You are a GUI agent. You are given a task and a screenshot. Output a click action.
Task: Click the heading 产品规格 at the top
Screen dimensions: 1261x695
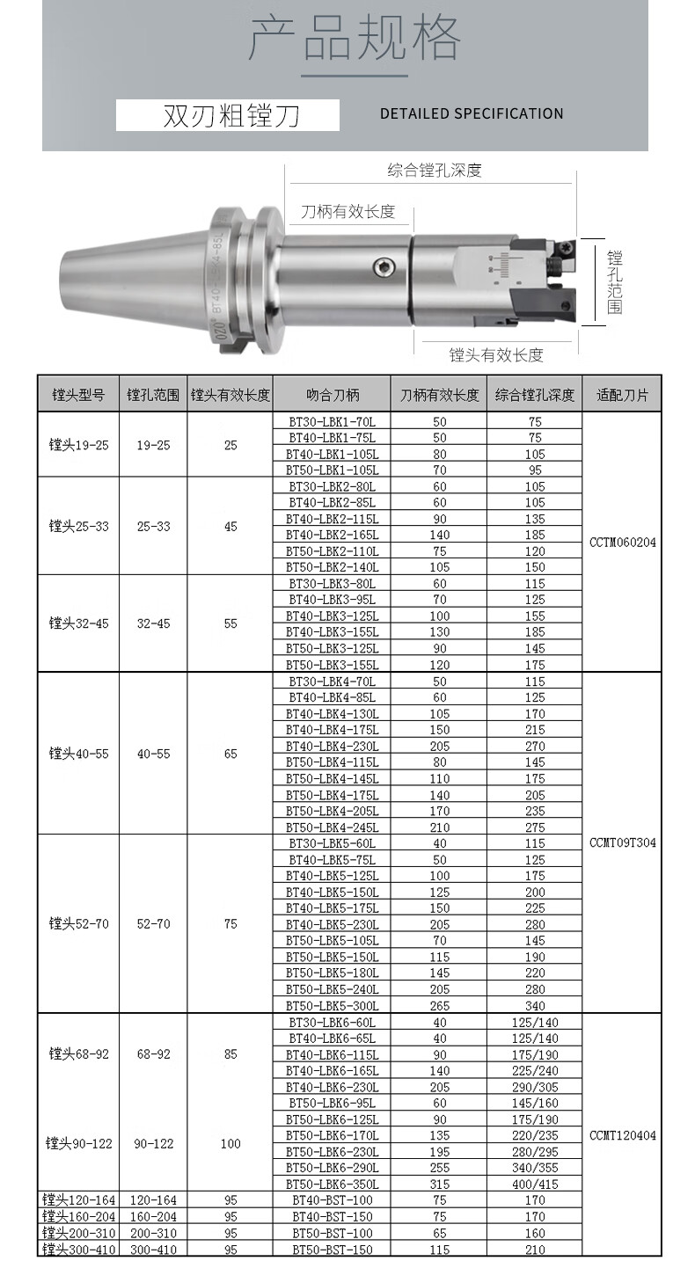pos(355,39)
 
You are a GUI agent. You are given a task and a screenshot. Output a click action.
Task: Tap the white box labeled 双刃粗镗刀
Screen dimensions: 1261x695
pos(228,115)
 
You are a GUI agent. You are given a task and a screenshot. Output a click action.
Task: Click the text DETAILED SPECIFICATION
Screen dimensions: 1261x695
pos(472,113)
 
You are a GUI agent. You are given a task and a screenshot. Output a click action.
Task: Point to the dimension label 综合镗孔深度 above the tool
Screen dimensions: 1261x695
pos(435,171)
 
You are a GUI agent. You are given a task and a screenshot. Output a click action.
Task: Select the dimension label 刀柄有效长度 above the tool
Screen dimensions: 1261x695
pos(347,212)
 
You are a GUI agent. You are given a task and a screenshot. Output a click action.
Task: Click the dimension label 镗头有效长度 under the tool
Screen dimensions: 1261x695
pos(496,354)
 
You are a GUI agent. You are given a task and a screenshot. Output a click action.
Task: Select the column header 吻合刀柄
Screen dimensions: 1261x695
pos(333,395)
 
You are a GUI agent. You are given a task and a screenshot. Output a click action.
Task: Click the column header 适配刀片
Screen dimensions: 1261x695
pos(622,395)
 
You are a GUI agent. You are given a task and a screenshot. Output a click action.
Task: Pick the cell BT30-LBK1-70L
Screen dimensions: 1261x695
pos(333,421)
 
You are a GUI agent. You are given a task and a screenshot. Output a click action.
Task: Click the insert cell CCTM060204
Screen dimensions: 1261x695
pos(622,543)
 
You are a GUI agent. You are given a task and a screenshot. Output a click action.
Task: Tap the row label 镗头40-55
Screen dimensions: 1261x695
pos(78,754)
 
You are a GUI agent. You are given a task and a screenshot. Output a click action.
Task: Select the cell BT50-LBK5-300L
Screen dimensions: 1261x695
pos(333,1005)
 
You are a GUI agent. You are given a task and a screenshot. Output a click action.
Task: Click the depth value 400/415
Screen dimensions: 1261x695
pos(535,1184)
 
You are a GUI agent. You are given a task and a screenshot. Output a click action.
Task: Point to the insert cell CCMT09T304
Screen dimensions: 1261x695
pos(622,842)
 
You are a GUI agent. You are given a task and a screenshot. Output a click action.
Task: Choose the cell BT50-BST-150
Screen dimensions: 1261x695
pos(333,1249)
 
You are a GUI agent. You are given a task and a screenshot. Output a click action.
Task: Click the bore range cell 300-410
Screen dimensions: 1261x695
pos(153,1249)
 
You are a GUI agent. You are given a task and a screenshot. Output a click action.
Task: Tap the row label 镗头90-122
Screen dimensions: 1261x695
pos(78,1143)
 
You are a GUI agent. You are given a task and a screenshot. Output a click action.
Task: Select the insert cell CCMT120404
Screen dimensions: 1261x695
pos(622,1135)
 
